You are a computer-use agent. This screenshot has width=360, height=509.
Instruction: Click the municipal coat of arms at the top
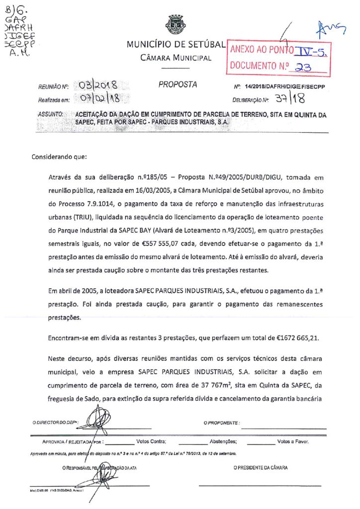176,24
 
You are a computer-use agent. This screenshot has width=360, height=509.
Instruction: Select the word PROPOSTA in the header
178,85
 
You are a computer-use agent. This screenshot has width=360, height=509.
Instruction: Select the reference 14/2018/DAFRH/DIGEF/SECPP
285,86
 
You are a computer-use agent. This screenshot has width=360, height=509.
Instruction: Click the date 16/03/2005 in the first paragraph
153,189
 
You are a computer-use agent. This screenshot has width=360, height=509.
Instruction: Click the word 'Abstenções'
223,441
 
